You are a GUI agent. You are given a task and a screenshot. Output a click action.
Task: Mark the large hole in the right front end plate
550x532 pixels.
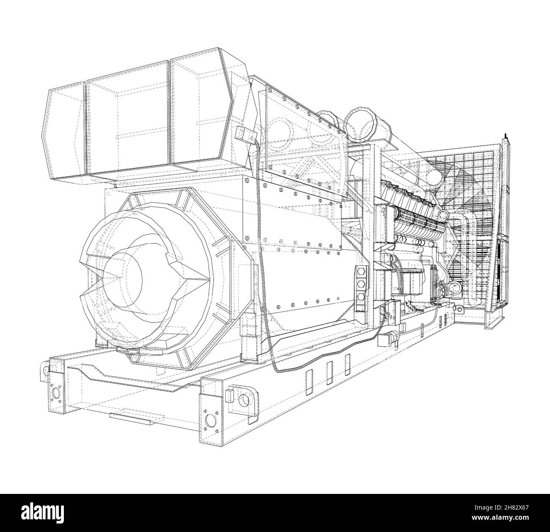tap(210, 420)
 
